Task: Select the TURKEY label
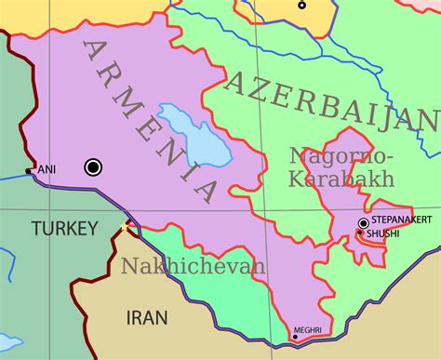63,228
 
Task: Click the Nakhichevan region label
193,266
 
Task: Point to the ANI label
45,170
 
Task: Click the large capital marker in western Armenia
93,167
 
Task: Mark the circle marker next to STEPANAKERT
363,222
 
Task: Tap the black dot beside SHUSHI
360,233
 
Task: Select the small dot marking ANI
30,171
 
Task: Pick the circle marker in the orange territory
301,5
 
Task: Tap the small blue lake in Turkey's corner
7,340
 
